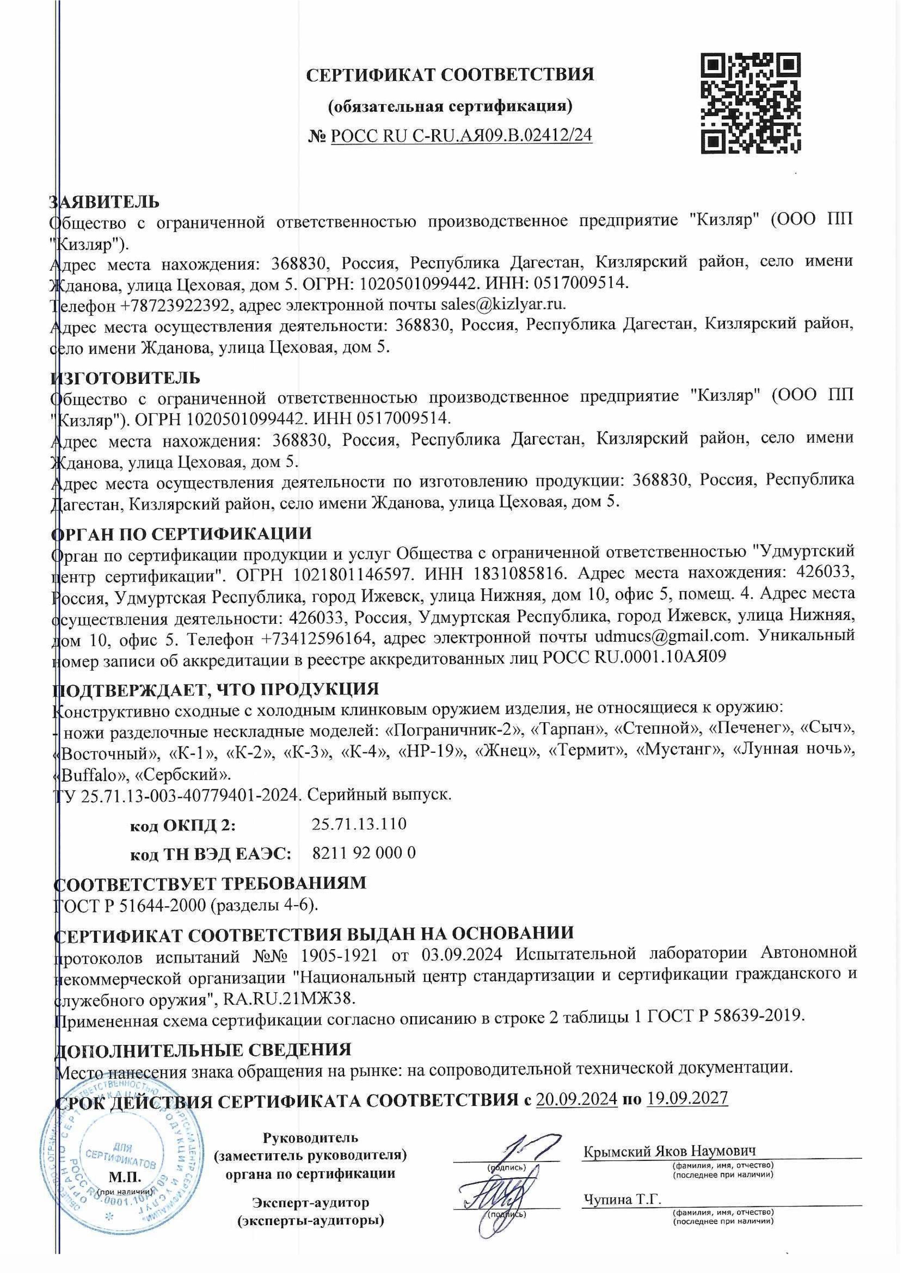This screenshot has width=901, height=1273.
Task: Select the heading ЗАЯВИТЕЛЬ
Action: click(x=105, y=201)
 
